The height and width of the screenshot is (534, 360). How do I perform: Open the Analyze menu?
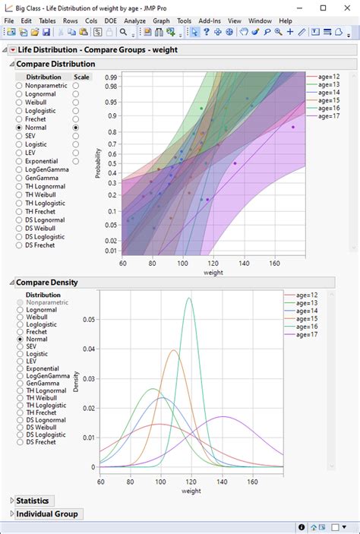pyautogui.click(x=134, y=21)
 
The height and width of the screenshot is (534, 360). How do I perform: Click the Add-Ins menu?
pyautogui.click(x=209, y=21)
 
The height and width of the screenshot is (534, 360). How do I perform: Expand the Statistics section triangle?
pyautogui.click(x=11, y=501)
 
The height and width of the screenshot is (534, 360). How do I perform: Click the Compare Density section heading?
pyautogui.click(x=46, y=283)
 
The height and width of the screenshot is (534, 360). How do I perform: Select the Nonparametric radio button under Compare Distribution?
pyautogui.click(x=20, y=87)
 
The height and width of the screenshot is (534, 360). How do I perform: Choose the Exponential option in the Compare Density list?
pyautogui.click(x=20, y=368)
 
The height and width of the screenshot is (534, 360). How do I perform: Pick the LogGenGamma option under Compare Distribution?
pyautogui.click(x=20, y=169)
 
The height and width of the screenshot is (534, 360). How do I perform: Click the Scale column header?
pyautogui.click(x=83, y=77)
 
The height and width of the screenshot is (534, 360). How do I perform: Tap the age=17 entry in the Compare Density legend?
pyautogui.click(x=313, y=335)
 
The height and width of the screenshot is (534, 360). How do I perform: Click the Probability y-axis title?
pyautogui.click(x=98, y=163)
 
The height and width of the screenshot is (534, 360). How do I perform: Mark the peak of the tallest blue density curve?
pyautogui.click(x=188, y=298)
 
